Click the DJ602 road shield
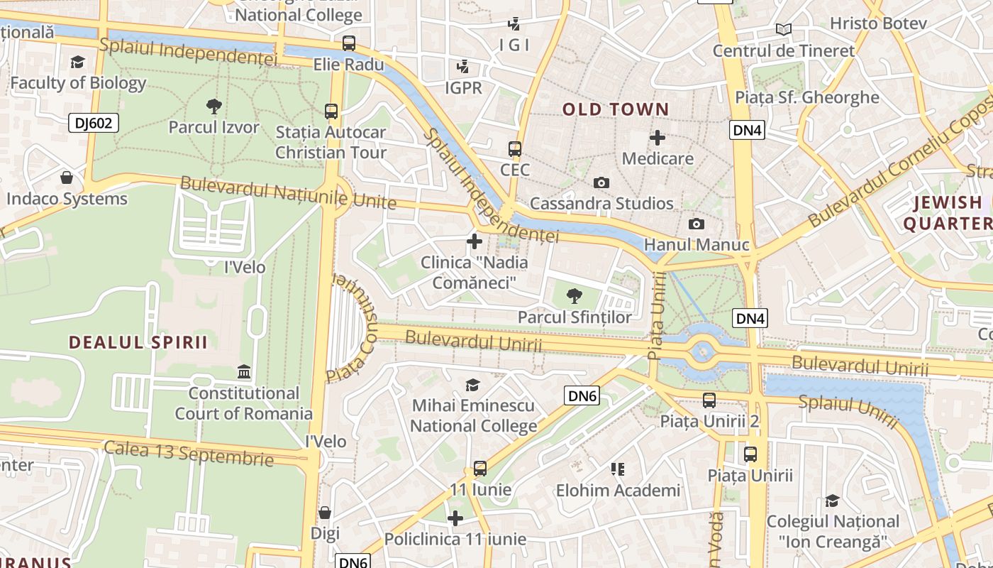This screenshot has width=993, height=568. tap(94, 123)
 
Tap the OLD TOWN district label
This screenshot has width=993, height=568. tap(616, 109)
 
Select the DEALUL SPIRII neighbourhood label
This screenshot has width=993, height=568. tap(138, 342)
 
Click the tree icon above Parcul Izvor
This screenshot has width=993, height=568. tap(213, 107)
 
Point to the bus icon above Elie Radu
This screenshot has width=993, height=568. tap(348, 43)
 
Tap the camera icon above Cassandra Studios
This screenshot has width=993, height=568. tap(601, 183)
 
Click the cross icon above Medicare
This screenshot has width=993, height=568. tap(658, 137)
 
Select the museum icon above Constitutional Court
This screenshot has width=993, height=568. tap(244, 371)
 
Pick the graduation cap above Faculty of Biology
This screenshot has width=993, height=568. tap(77, 62)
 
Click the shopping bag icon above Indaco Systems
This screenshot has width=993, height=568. tap(67, 177)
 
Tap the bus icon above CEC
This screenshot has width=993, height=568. tap(515, 150)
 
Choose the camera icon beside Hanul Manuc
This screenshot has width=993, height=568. tap(697, 224)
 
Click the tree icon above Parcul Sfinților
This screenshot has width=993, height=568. tap(575, 296)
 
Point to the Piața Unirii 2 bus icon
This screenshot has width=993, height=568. tap(709, 400)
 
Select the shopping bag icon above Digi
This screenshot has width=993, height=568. tap(325, 512)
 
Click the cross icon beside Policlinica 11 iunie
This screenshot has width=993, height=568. tap(455, 518)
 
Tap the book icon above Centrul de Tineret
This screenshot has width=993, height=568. tap(783, 29)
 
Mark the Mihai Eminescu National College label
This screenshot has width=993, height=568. tap(473, 416)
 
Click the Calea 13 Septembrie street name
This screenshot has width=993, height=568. tap(189, 453)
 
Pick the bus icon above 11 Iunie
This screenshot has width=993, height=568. tap(480, 469)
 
